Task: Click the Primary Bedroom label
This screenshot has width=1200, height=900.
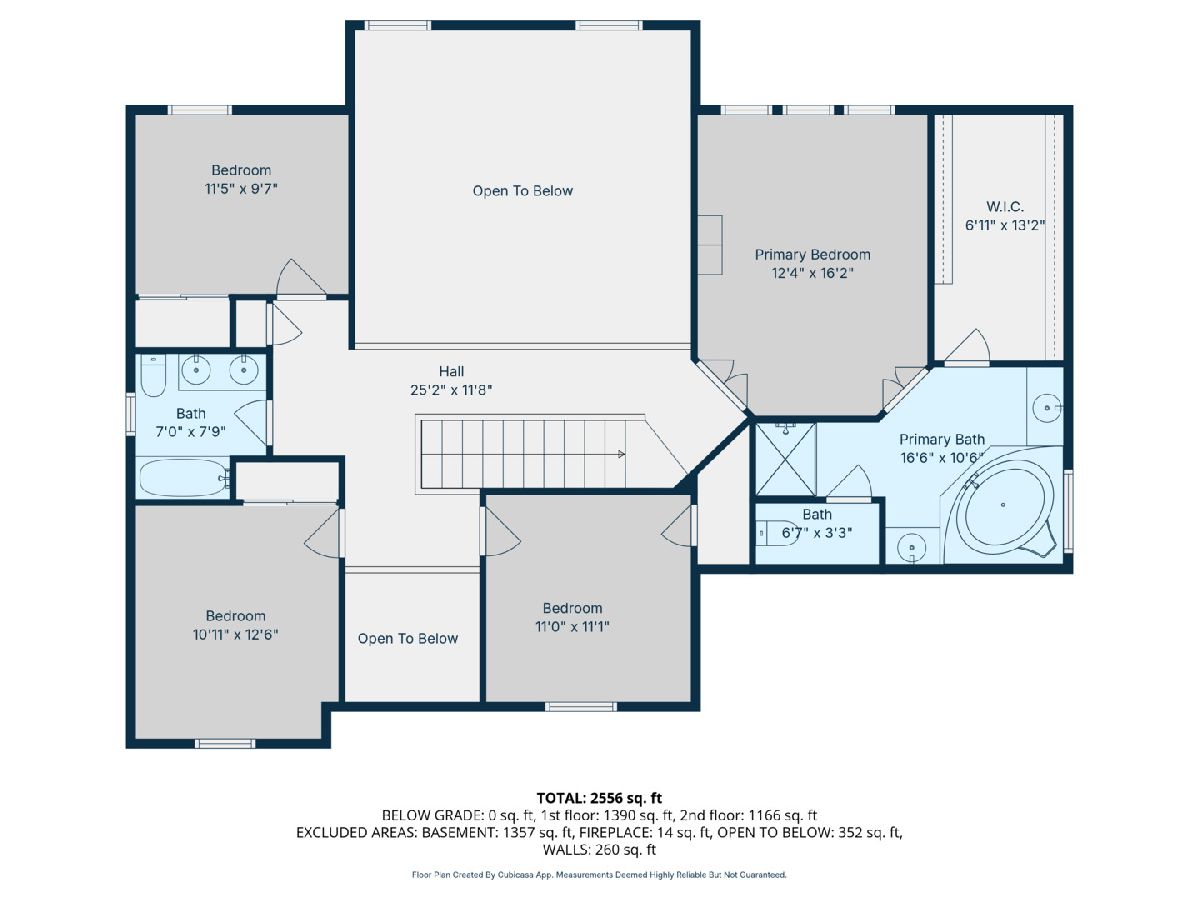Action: pyautogui.click(x=812, y=255)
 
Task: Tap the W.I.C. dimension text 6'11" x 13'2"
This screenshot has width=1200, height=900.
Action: pyautogui.click(x=1005, y=225)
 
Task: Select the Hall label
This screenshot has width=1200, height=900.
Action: pyautogui.click(x=452, y=372)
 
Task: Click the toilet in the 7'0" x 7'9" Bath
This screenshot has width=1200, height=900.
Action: pyautogui.click(x=153, y=375)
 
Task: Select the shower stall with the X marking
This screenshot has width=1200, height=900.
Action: pyautogui.click(x=786, y=460)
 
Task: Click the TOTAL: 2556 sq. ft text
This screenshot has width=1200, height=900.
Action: pyautogui.click(x=599, y=798)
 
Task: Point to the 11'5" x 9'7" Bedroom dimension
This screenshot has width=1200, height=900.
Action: pyautogui.click(x=241, y=189)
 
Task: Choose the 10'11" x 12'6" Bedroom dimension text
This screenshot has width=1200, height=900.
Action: pyautogui.click(x=236, y=634)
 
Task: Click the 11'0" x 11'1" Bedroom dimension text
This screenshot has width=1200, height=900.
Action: pyautogui.click(x=572, y=626)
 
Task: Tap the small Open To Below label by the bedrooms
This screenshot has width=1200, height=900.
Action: pyautogui.click(x=408, y=638)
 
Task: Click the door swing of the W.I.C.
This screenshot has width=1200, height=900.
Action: pyautogui.click(x=968, y=346)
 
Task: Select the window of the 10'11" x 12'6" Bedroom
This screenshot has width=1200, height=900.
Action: pyautogui.click(x=225, y=743)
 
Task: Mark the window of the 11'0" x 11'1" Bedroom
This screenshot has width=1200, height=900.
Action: pyautogui.click(x=581, y=707)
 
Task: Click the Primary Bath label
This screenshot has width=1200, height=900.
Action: pyautogui.click(x=941, y=439)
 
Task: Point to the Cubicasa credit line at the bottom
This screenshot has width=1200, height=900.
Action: pyautogui.click(x=599, y=875)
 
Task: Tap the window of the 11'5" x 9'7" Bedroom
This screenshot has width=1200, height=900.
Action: pyautogui.click(x=199, y=110)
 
